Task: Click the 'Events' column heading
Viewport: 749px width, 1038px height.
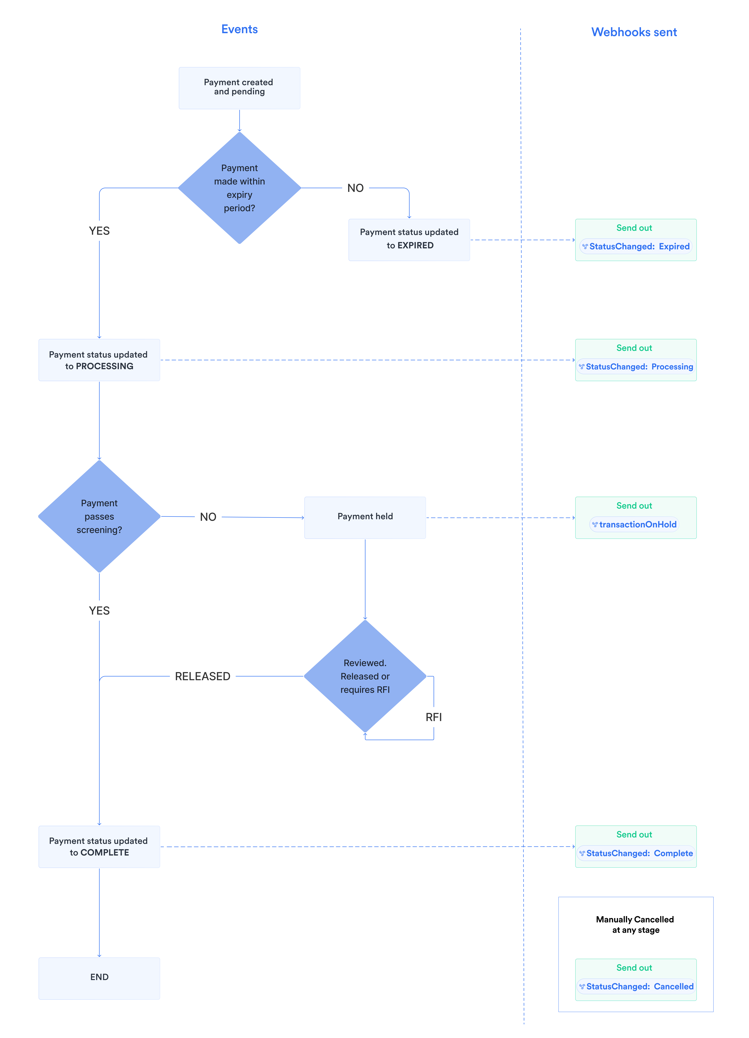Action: point(239,29)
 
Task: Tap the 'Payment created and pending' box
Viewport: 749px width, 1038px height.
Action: point(239,88)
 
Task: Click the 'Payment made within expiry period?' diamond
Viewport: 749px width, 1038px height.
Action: point(239,188)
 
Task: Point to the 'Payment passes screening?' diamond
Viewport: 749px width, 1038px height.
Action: point(99,516)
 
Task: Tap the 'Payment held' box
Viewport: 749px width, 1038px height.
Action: point(365,518)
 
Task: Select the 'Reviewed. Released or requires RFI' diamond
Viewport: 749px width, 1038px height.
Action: point(365,676)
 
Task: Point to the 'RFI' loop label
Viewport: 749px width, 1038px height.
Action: point(434,717)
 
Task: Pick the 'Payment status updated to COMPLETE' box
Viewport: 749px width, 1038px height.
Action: point(99,847)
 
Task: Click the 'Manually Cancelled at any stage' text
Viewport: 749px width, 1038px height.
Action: point(635,924)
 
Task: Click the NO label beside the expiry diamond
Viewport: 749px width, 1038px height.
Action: point(355,188)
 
